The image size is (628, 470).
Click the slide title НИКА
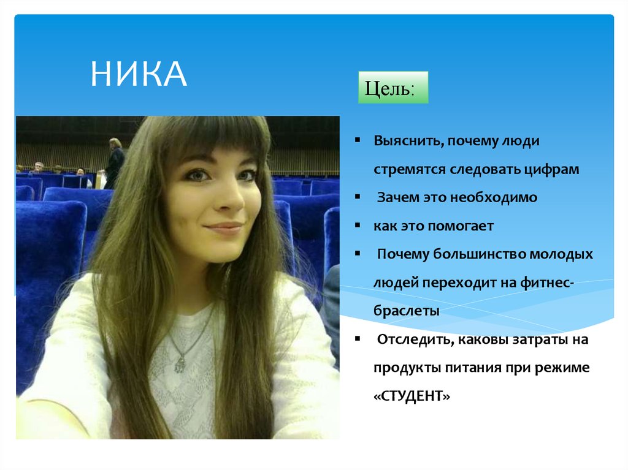point(139,75)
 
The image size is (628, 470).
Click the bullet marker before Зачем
point(357,197)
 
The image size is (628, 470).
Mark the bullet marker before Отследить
point(357,339)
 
